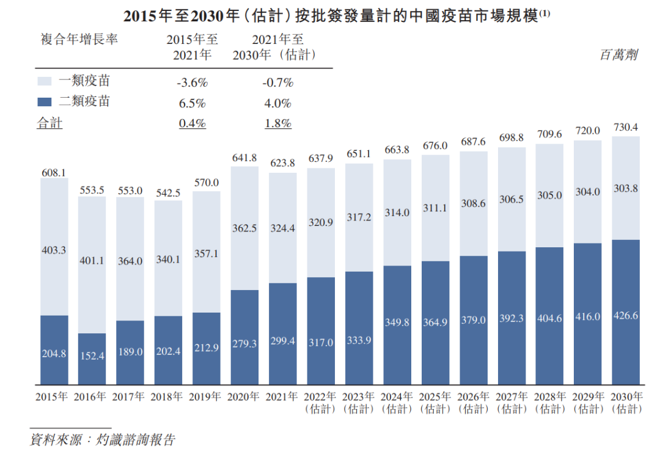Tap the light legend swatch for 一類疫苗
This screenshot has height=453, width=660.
click(x=45, y=81)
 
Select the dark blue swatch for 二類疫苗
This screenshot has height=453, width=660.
click(x=45, y=102)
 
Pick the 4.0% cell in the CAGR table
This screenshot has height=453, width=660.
click(x=277, y=103)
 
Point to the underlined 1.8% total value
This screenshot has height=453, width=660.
click(x=277, y=123)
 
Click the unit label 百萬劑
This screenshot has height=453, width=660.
click(x=618, y=55)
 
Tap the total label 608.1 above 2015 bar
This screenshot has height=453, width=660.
click(x=54, y=173)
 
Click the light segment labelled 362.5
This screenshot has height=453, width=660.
click(x=244, y=228)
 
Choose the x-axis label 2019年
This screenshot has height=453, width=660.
click(x=206, y=397)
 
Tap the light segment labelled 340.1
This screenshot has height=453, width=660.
click(x=168, y=258)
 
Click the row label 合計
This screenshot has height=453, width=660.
click(x=50, y=123)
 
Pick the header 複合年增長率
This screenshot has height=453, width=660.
click(x=79, y=40)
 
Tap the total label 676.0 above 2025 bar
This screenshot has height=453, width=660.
click(x=435, y=146)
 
